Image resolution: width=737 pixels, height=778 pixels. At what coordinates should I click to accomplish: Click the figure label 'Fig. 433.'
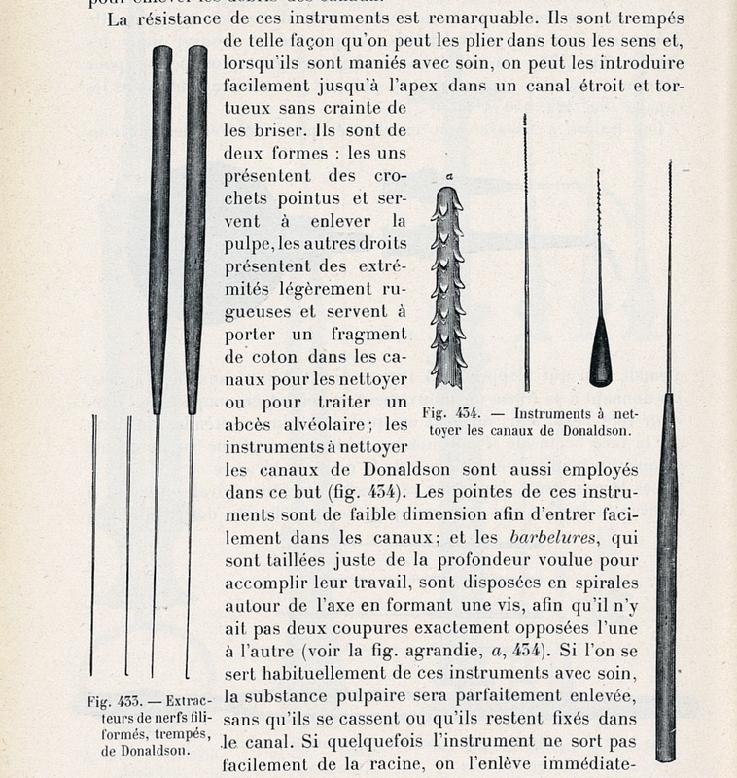click(x=109, y=700)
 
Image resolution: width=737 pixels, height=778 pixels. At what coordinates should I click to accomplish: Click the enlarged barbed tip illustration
click(x=448, y=288)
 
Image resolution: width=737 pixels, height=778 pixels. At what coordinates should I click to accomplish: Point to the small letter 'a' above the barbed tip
click(x=449, y=175)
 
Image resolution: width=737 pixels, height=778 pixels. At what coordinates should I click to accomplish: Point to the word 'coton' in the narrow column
click(x=300, y=355)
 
